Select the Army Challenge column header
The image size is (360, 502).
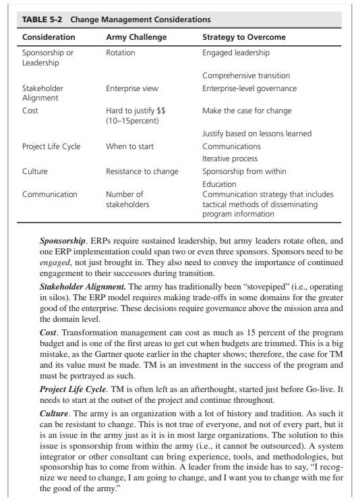pos(136,36)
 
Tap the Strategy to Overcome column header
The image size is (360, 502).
pos(244,36)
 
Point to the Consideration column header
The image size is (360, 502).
pos(49,36)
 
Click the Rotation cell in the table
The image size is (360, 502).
pos(121,53)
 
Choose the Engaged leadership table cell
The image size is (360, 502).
pos(236,53)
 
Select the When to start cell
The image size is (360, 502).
pos(129,146)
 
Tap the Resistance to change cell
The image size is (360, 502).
pos(142,171)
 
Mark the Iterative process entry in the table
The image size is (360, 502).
pos(230,159)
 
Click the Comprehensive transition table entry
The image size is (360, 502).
pos(246,76)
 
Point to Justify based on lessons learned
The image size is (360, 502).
pos(257,134)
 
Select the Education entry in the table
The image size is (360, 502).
pos(219,184)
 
